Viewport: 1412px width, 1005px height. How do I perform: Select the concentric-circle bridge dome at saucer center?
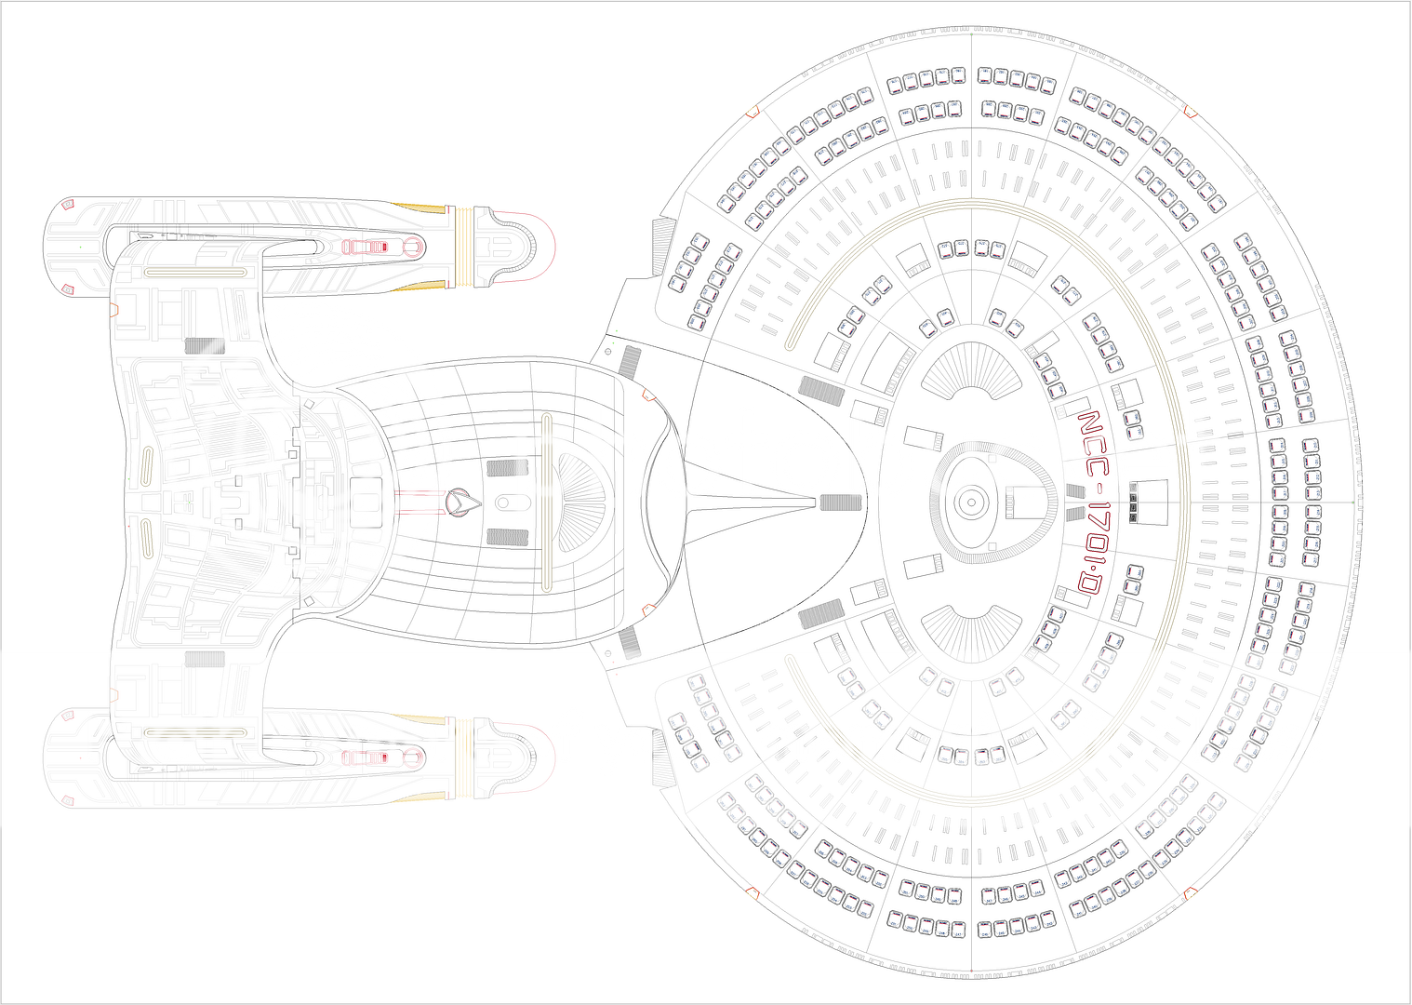coord(971,502)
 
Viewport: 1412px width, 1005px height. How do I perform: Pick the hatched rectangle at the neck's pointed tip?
coord(841,502)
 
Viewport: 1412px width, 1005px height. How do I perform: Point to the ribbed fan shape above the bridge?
coord(971,372)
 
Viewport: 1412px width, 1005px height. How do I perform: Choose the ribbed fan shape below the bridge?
coord(971,634)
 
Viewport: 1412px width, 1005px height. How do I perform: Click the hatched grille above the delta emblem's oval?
coord(507,467)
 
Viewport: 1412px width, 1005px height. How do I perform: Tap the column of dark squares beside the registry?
coord(1133,502)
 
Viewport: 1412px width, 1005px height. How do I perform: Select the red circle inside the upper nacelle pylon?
coord(412,247)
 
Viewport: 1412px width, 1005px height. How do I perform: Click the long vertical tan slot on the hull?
coord(546,502)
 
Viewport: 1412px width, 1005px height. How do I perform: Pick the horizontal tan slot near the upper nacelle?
coord(195,273)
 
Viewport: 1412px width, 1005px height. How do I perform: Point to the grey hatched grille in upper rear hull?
coord(205,346)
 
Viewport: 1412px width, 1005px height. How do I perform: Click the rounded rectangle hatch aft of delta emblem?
coord(366,502)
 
